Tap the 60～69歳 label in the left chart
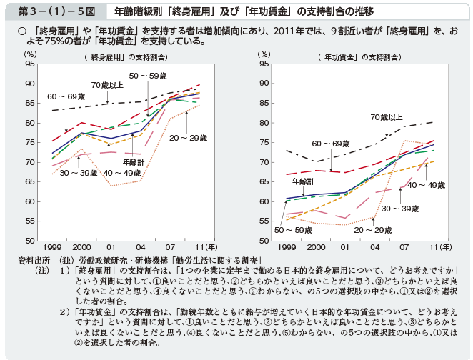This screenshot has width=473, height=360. tap(66, 96)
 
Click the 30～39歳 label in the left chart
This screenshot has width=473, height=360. tap(79, 173)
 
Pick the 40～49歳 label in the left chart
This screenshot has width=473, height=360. tap(123, 173)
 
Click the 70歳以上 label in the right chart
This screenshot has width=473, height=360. tap(387, 116)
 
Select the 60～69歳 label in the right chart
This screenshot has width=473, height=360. tap(330, 144)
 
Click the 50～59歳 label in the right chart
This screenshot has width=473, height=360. tap(293, 230)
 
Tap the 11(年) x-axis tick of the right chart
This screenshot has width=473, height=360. tap(439, 246)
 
